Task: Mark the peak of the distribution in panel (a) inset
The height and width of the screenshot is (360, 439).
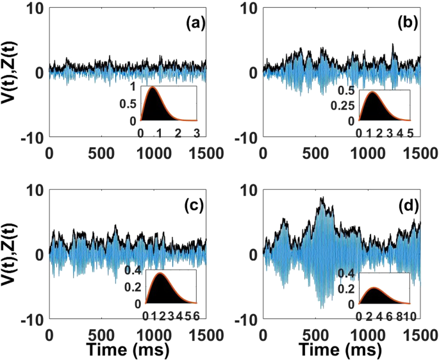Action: tap(153, 88)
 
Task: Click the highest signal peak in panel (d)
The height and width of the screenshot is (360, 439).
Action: tap(323, 198)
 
